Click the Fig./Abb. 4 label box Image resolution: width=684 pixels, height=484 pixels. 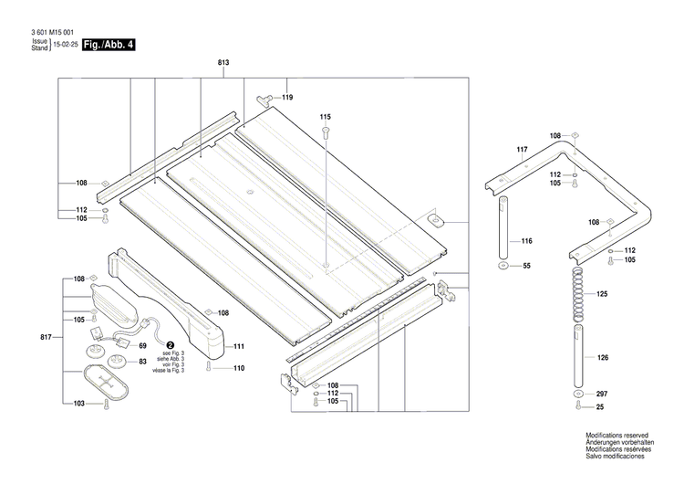pyautogui.click(x=109, y=44)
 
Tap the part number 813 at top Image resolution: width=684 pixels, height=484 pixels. pyautogui.click(x=223, y=61)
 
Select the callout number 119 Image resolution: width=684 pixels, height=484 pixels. pyautogui.click(x=287, y=98)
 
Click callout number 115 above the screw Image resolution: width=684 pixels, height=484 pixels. pyautogui.click(x=325, y=118)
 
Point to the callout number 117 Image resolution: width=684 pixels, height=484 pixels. pyautogui.click(x=522, y=149)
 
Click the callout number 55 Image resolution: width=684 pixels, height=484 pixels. pyautogui.click(x=526, y=266)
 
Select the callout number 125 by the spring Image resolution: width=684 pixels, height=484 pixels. pyautogui.click(x=602, y=294)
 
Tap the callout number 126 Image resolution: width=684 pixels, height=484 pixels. pyautogui.click(x=602, y=359)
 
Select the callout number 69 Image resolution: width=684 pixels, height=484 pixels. pyautogui.click(x=142, y=345)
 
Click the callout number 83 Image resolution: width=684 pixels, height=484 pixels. pyautogui.click(x=142, y=363)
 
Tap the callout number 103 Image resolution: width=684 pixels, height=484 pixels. pyautogui.click(x=80, y=403)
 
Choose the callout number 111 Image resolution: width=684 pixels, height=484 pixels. pyautogui.click(x=239, y=347)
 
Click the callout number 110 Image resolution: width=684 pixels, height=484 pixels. pyautogui.click(x=239, y=368)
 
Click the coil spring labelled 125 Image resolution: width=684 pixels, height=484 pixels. pyautogui.click(x=575, y=294)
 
